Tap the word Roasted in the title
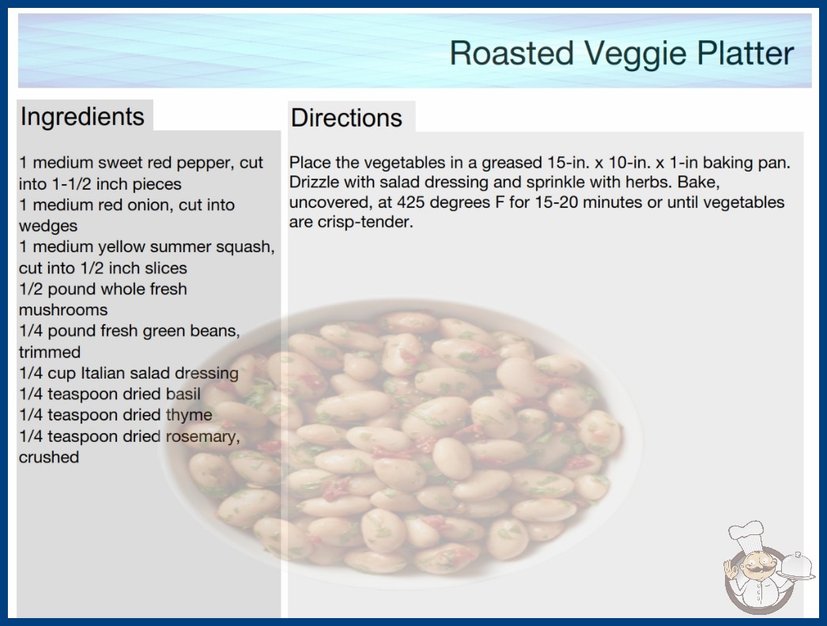coord(512,53)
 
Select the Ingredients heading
coord(82,117)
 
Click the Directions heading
coord(346,118)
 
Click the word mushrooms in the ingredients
coord(63,310)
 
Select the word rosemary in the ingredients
coord(203,436)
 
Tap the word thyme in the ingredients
coord(189,415)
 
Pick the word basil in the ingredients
coord(183,394)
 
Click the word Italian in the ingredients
coord(100,373)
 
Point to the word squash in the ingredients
coord(245,247)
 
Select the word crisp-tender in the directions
coord(365,222)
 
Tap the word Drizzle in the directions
coord(315,182)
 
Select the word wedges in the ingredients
coord(48,226)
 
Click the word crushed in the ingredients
coord(49,457)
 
